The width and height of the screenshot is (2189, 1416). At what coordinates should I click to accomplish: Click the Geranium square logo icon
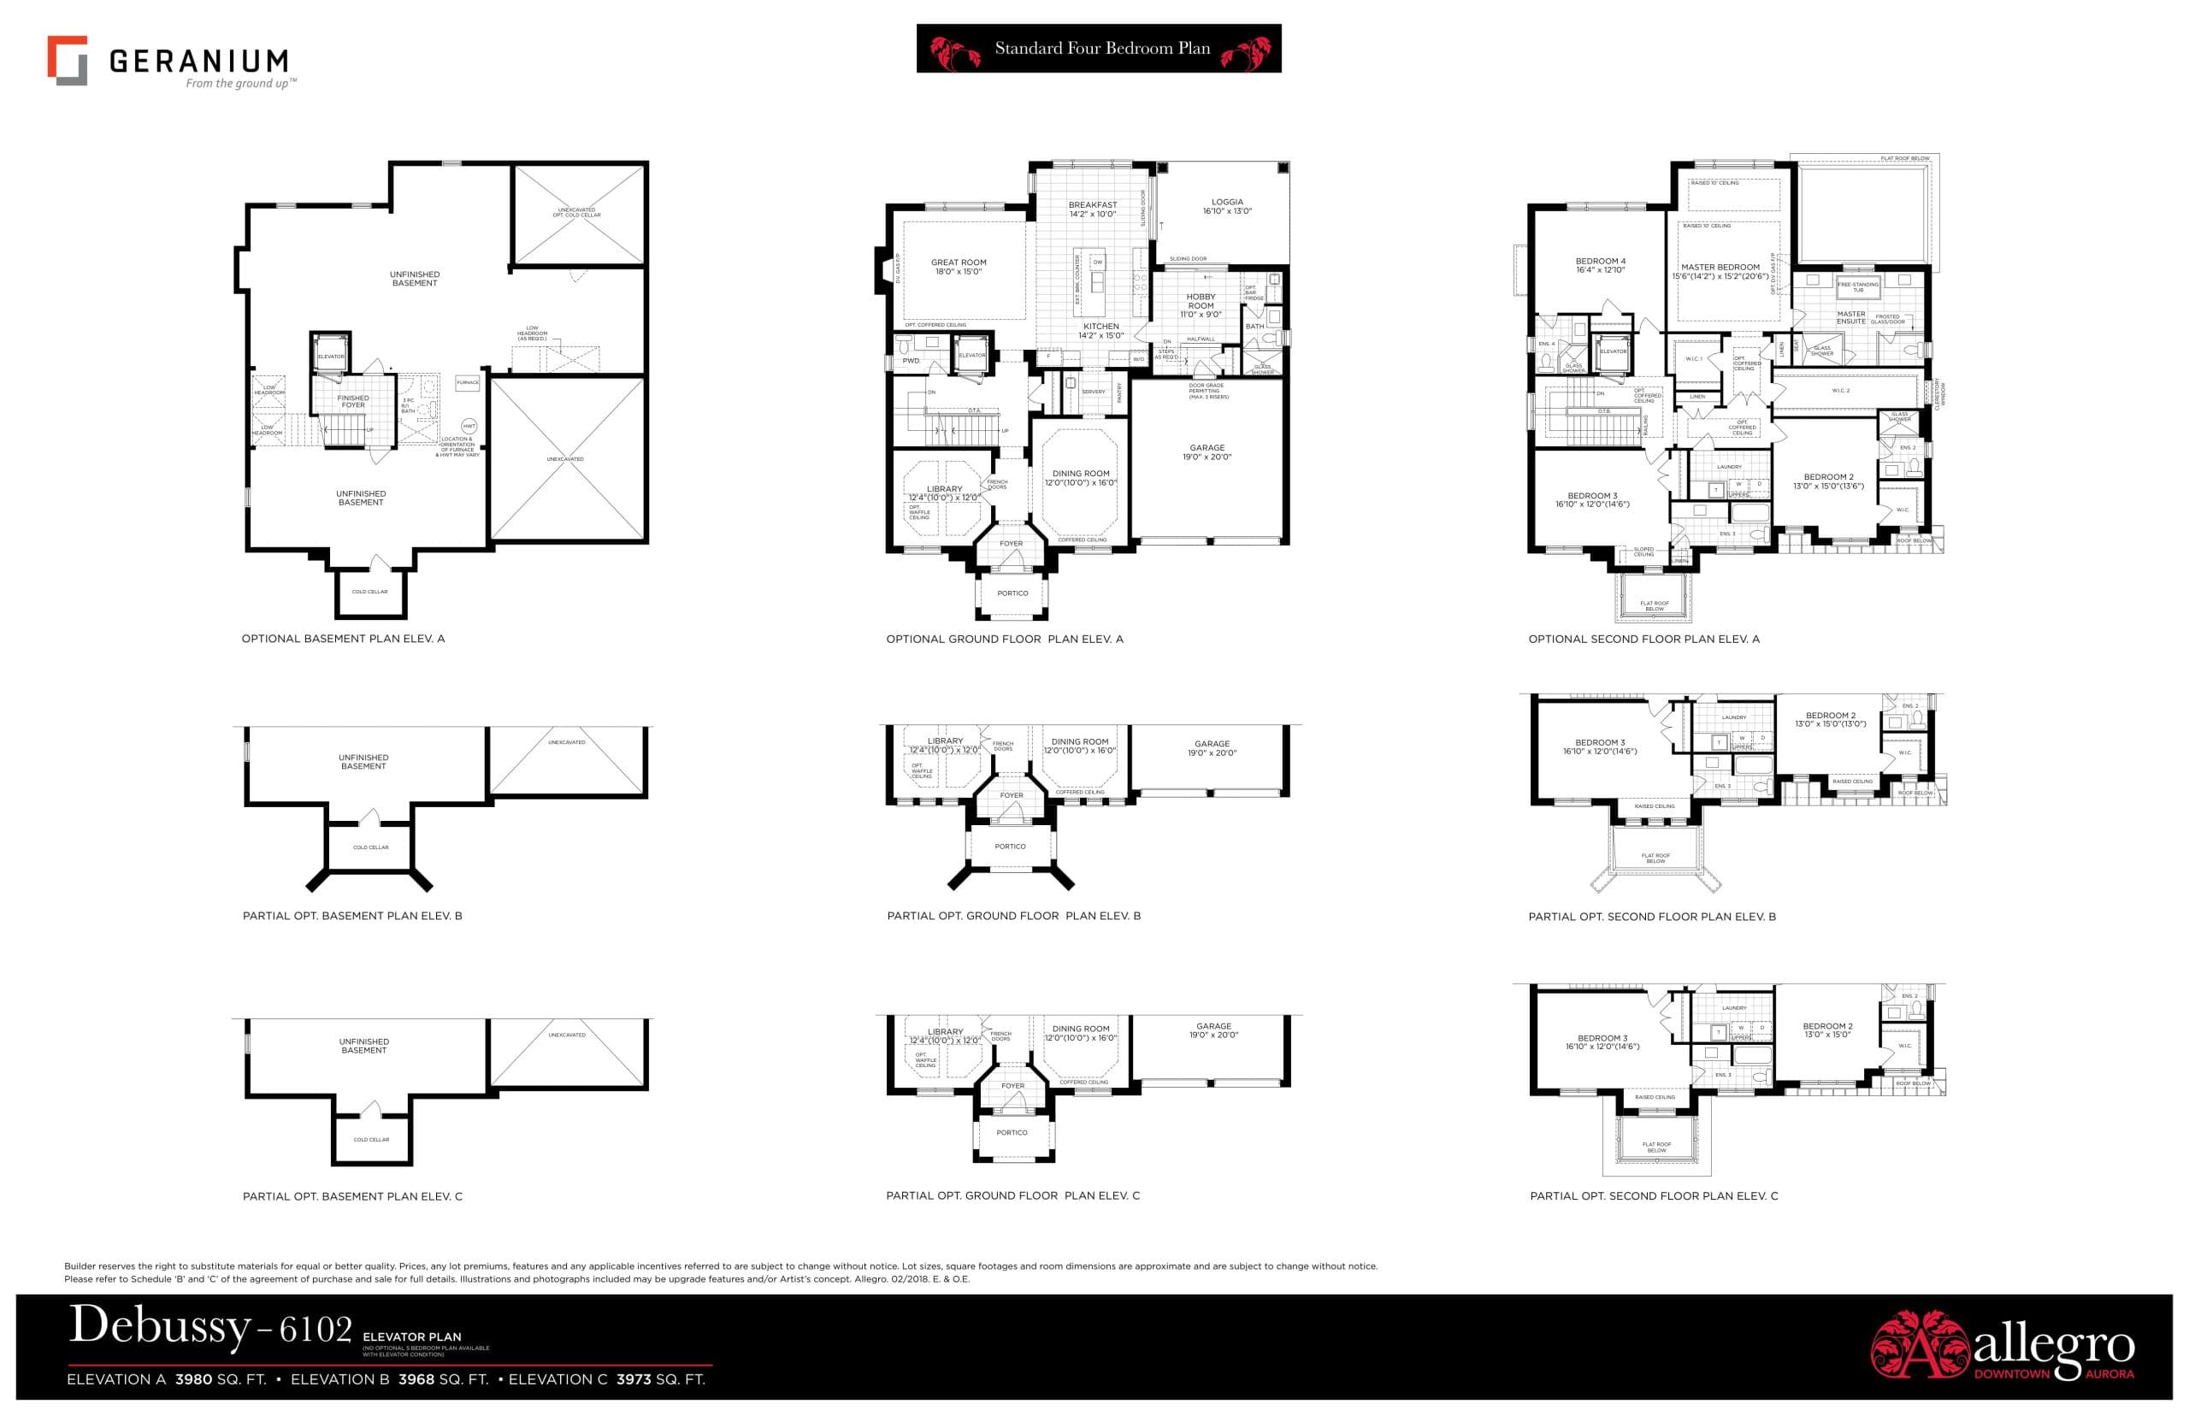coord(67,61)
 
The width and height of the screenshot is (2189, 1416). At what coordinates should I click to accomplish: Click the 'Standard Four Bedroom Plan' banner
coord(1098,49)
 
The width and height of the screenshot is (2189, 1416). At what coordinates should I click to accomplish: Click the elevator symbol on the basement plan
coord(330,355)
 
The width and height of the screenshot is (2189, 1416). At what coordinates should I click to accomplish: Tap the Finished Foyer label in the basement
coord(353,401)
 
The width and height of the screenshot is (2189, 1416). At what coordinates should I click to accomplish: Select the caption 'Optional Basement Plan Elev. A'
coord(343,638)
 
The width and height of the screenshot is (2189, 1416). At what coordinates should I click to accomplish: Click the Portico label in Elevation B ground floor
coord(1010,846)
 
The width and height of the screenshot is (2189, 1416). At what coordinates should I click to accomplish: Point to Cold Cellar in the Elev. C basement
coord(371,1139)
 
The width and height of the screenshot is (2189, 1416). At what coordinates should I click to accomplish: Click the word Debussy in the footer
coord(159,1326)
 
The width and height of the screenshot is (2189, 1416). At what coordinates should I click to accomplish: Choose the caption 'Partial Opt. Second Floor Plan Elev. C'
coord(1653,1195)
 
